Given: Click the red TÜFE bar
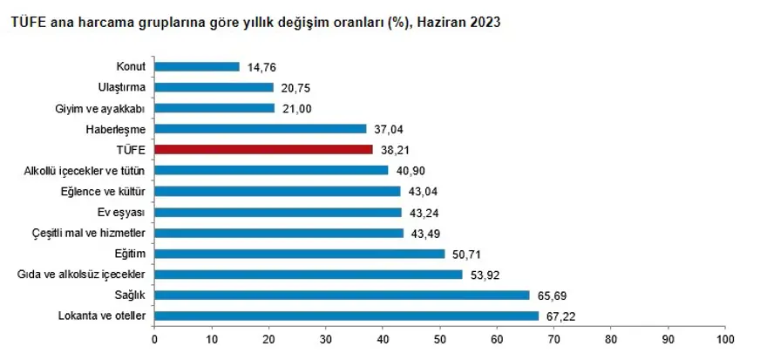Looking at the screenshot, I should click(x=263, y=149).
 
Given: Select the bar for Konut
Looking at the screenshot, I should click(x=197, y=66).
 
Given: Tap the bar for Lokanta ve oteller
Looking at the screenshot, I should click(x=347, y=316).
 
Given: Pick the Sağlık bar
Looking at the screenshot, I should click(x=342, y=295).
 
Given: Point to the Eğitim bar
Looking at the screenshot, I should click(x=299, y=254).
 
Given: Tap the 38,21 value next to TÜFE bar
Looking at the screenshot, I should click(x=392, y=149).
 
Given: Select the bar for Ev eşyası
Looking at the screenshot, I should click(x=278, y=212).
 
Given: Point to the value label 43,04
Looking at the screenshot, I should click(x=420, y=191).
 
